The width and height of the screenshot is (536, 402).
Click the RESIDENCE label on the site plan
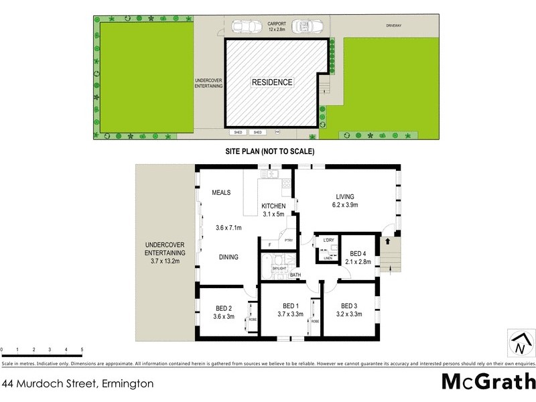[272, 82]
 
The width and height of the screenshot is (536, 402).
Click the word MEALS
[221, 192]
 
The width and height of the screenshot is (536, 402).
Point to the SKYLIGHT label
[278, 268]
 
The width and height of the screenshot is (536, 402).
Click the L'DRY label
[328, 240]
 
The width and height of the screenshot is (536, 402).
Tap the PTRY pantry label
[289, 240]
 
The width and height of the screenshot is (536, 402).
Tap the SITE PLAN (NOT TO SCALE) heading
[269, 151]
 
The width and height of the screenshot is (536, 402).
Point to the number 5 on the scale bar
[82, 350]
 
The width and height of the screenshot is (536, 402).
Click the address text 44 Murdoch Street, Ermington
[78, 384]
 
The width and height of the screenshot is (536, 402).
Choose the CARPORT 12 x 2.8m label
[277, 25]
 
